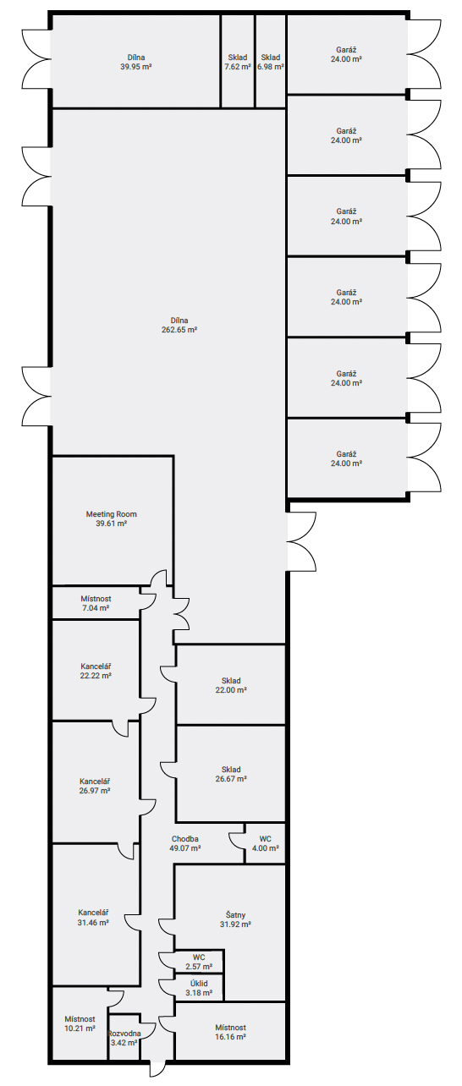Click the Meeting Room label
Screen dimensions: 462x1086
pos(111,514)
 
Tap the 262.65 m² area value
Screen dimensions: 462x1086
pos(179,330)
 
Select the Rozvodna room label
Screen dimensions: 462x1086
pos(124,1034)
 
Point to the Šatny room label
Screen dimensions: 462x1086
pos(235,915)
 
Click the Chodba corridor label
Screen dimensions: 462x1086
pos(184,839)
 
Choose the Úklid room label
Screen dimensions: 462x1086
pos(199,983)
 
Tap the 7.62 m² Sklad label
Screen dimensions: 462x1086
pos(238,62)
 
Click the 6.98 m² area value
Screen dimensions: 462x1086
pos(271,67)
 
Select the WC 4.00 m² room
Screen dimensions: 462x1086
pos(265,843)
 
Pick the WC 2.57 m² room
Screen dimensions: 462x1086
pos(199,962)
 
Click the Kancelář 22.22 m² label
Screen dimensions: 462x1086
pos(96,671)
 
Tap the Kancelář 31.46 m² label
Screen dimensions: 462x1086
pos(93,918)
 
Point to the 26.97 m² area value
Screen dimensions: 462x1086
pos(95,790)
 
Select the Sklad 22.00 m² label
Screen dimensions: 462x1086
pos(231,685)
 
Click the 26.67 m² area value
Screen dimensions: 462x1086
pos(231,779)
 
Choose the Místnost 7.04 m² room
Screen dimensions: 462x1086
pos(96,603)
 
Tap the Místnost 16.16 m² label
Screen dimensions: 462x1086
pos(230,1032)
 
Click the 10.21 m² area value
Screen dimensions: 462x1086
pos(80,1028)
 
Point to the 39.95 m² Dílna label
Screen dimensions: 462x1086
pos(136,62)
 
